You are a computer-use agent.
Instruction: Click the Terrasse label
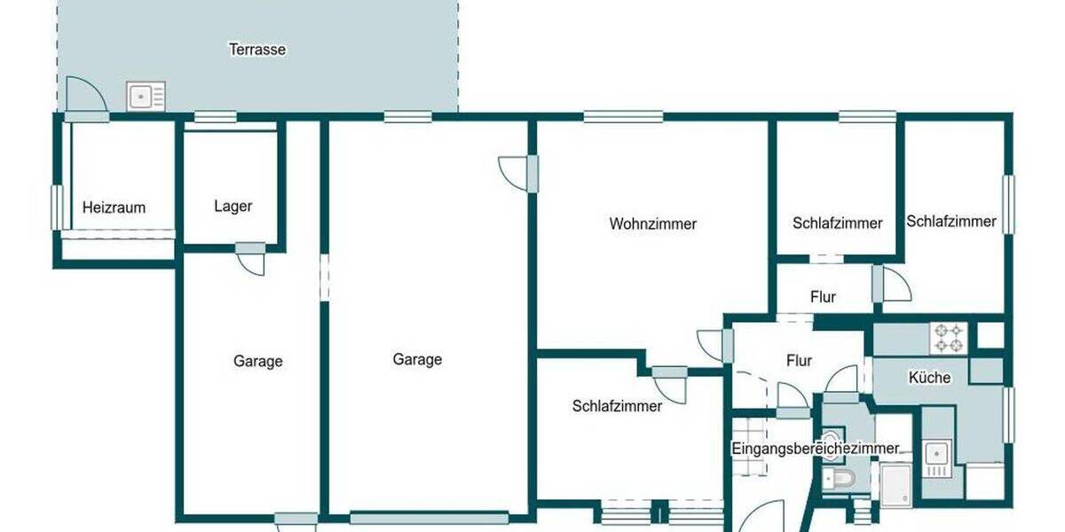click(x=257, y=50)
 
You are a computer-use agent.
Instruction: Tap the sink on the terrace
click(x=146, y=96)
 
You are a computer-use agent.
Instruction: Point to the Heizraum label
click(x=114, y=208)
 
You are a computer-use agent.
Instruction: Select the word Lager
click(x=233, y=207)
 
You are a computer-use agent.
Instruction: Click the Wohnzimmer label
click(x=652, y=224)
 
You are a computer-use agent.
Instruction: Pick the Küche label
click(x=929, y=378)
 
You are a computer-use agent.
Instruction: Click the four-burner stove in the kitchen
click(x=947, y=338)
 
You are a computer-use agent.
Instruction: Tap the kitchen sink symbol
click(x=935, y=456)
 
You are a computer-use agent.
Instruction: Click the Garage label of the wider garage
click(x=417, y=360)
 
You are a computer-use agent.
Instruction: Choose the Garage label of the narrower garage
click(x=258, y=362)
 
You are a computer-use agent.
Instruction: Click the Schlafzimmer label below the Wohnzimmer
click(x=617, y=407)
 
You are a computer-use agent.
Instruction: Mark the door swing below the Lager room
click(x=250, y=262)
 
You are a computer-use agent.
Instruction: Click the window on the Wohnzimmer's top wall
click(x=623, y=116)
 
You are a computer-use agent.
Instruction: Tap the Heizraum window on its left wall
click(x=57, y=207)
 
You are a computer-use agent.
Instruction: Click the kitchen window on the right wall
click(x=1008, y=413)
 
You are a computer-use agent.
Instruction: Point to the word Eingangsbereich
click(x=781, y=449)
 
